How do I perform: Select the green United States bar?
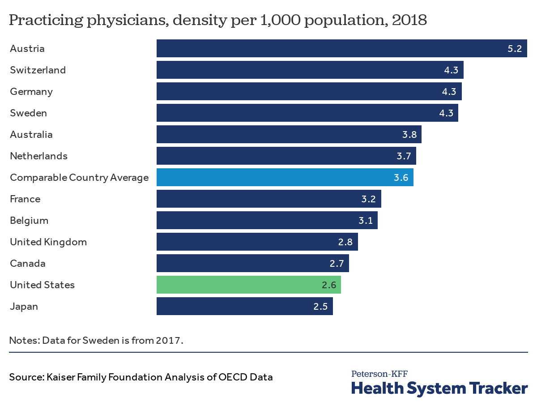[248, 285]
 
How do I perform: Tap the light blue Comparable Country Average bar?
[285, 177]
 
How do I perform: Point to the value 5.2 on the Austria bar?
[515, 49]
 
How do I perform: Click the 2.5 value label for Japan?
[320, 307]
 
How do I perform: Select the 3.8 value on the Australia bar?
[409, 135]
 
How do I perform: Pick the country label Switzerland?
[38, 70]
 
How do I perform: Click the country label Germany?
[31, 91]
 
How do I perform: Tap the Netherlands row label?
[39, 156]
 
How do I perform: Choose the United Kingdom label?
[48, 242]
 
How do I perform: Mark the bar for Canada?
[252, 263]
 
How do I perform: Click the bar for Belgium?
[267, 220]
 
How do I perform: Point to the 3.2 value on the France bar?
[369, 199]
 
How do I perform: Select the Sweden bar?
[307, 113]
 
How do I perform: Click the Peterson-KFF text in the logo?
[379, 374]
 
